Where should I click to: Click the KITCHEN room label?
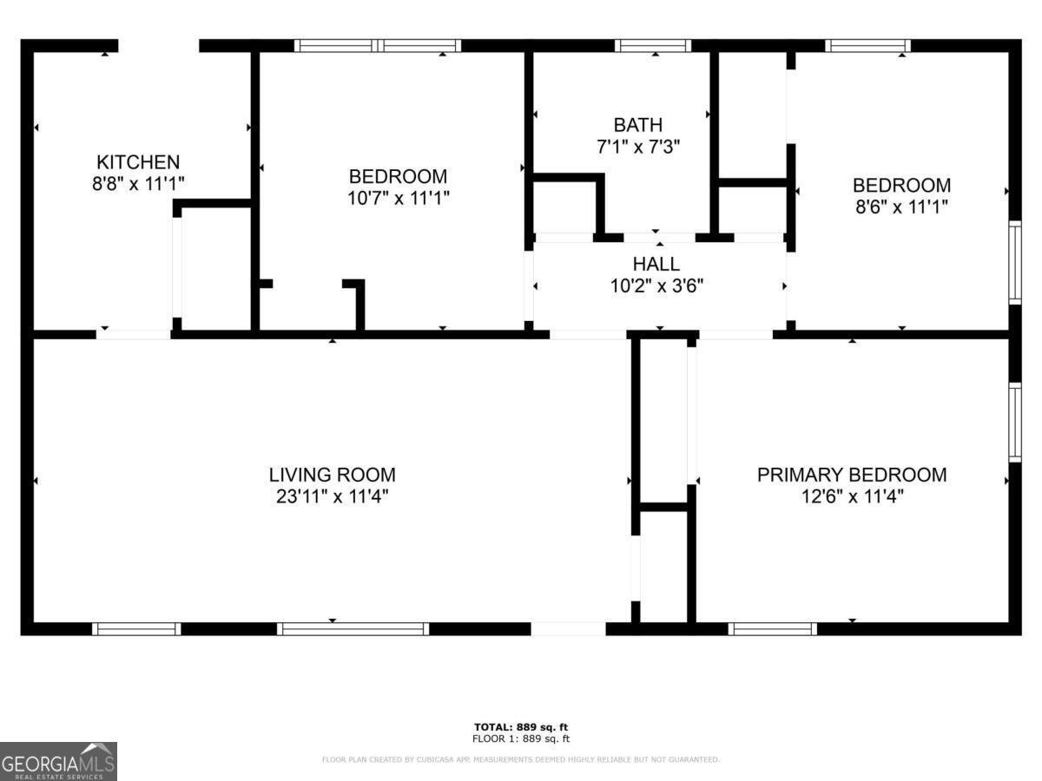pos(138,162)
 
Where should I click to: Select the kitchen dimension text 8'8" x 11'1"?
pos(138,183)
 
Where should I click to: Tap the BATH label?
pos(638,125)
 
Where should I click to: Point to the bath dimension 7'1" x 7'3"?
pos(638,147)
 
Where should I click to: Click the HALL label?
pos(656,264)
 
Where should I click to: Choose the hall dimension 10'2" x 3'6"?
pos(656,286)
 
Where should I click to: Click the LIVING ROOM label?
pos(333,475)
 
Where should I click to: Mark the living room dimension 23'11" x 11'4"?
pos(333,497)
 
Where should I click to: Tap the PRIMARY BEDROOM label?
pos(852,475)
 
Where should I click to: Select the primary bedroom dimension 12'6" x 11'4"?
pos(852,497)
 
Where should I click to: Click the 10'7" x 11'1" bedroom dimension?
pos(399,198)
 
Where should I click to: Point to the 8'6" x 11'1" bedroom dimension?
pos(901,207)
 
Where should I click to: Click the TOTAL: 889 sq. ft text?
pos(521,727)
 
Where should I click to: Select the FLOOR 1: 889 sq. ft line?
pos(521,738)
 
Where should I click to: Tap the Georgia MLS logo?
pos(58,761)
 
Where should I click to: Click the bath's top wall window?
pos(653,45)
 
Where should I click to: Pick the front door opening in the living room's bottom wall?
pos(568,629)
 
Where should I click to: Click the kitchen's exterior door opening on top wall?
pos(159,45)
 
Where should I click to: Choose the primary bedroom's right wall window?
pos(1015,422)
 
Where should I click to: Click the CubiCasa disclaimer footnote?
pos(521,759)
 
